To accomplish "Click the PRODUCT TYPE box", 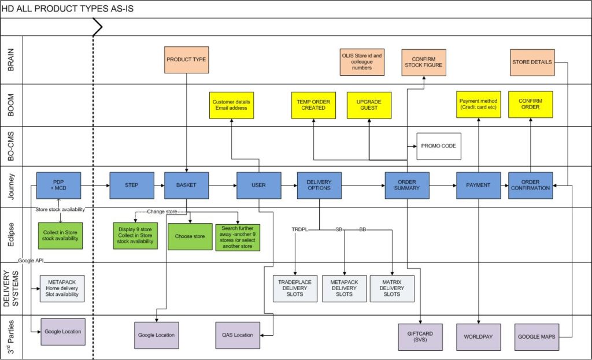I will point(186,60).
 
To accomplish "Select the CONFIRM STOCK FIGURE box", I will point(427,62).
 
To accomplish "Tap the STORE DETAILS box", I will point(532,62).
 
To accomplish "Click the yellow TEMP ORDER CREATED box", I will point(313,105).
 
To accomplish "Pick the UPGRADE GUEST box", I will point(369,105).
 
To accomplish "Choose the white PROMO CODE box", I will point(439,146).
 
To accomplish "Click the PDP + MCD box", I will point(58,185).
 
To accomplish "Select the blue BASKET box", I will point(186,185).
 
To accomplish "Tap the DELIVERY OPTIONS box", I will point(319,185).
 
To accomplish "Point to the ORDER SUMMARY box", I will point(408,185).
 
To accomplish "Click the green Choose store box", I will point(190,236).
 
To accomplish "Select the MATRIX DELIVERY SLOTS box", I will point(392,288).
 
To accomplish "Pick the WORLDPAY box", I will point(478,336).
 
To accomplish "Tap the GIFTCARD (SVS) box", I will point(420,336).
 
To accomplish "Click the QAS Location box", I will point(237,335).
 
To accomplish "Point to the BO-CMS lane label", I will point(11,146).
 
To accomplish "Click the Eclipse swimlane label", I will point(11,235).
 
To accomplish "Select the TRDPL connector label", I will point(299,229).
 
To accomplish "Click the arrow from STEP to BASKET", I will point(159,185).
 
